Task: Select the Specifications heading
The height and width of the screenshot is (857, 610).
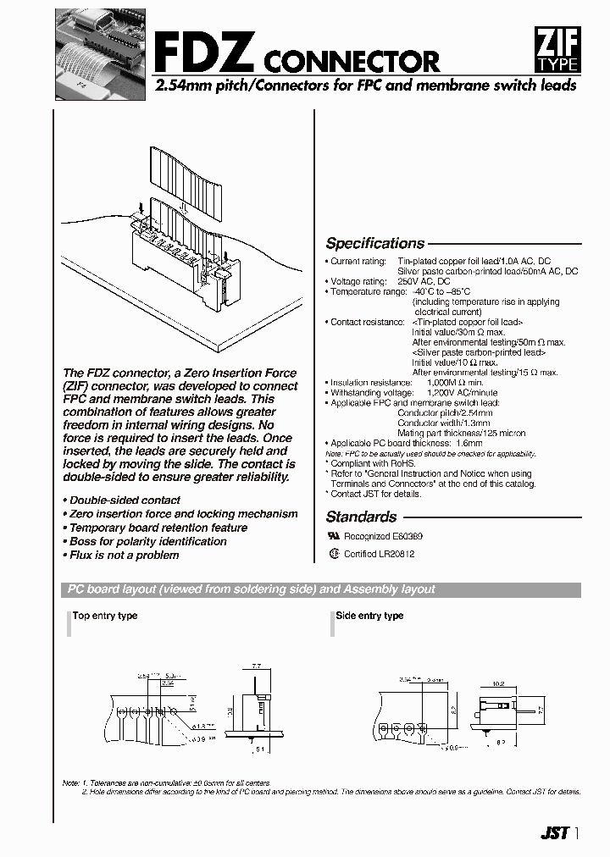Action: tap(374, 243)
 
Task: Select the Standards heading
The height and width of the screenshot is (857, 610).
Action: tap(361, 517)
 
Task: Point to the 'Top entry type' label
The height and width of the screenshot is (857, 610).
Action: tap(105, 616)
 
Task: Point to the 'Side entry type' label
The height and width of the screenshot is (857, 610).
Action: tap(369, 616)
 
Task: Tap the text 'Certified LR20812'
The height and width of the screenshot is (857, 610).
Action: tap(379, 554)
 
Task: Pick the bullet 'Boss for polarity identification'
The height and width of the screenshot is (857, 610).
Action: tap(145, 541)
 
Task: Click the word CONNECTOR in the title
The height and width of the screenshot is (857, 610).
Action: tap(352, 62)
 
